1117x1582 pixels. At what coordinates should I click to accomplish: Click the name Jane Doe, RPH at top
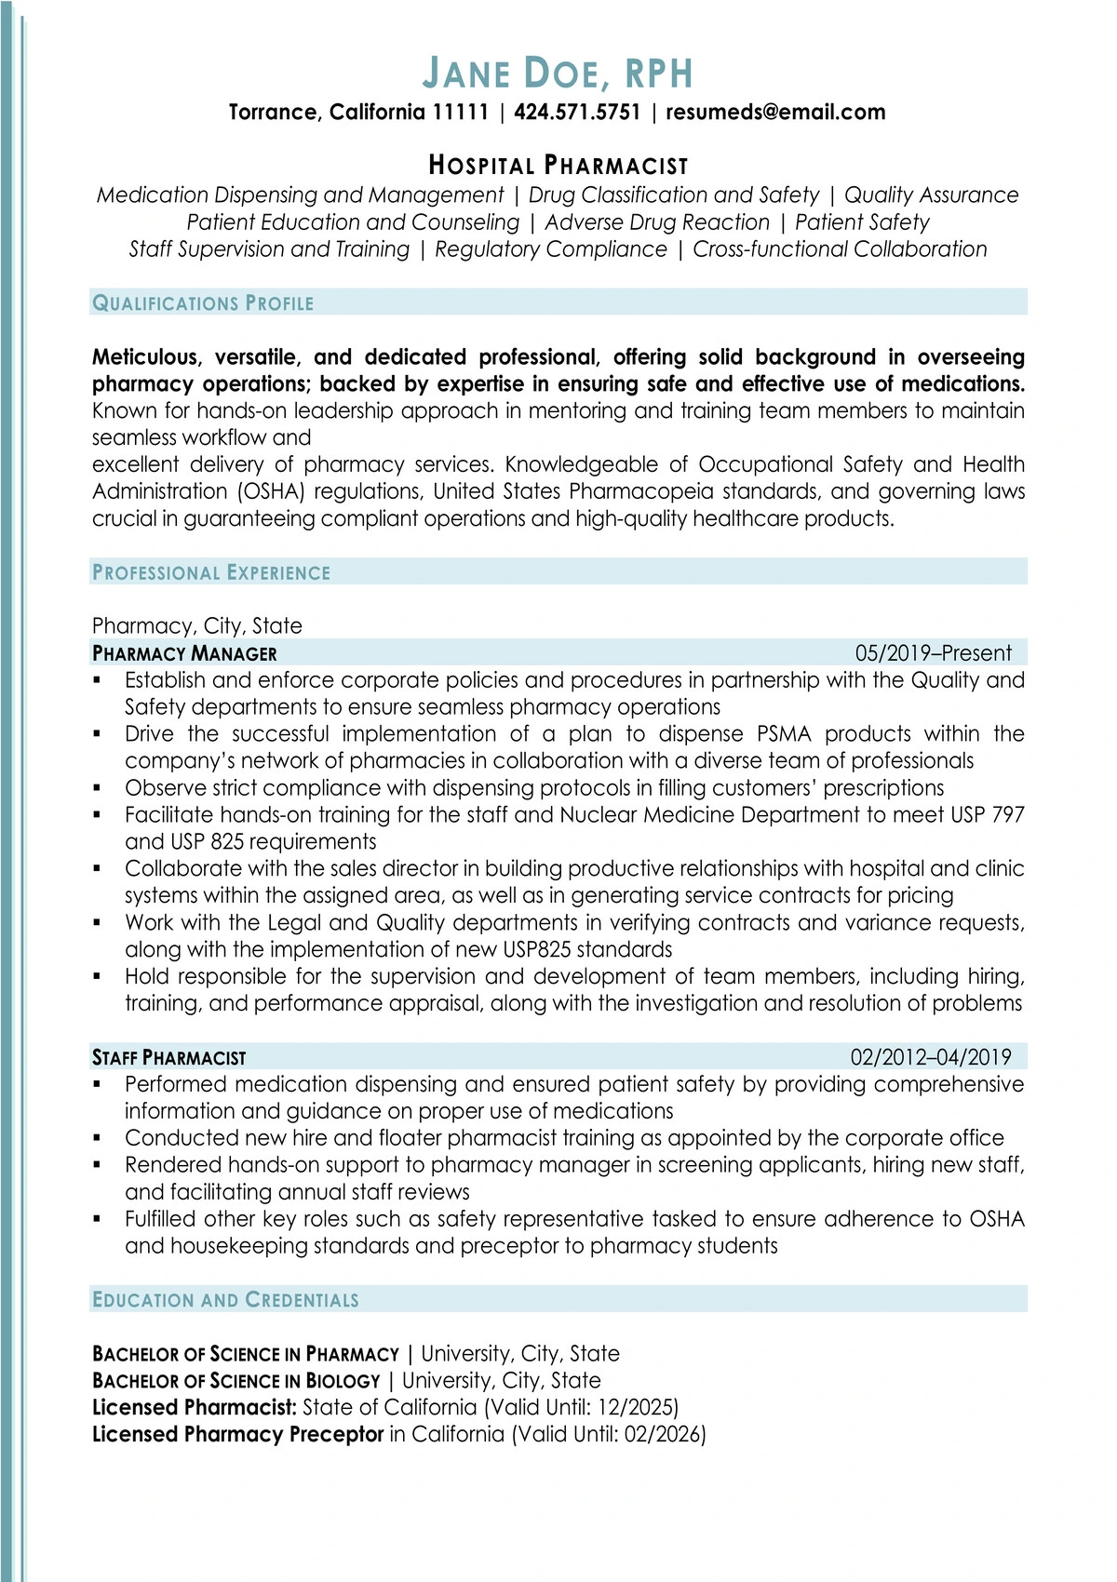click(558, 74)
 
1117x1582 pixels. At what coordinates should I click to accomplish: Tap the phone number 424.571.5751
click(577, 113)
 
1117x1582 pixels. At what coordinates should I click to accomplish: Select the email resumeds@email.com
click(775, 113)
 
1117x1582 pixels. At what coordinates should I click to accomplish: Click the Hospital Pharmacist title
click(558, 166)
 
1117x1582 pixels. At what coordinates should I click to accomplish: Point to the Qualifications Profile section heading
click(203, 303)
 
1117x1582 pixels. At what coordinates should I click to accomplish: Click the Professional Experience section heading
click(211, 573)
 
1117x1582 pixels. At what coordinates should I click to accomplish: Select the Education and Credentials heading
click(225, 1300)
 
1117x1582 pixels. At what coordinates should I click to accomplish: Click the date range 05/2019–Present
click(933, 653)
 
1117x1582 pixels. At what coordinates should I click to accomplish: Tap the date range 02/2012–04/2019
click(931, 1057)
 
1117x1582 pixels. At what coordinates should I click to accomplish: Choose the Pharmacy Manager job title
click(184, 653)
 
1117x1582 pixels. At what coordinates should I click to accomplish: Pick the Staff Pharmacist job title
click(169, 1058)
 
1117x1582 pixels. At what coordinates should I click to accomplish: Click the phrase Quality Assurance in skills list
click(931, 195)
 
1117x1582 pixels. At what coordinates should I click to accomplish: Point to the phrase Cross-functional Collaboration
click(840, 249)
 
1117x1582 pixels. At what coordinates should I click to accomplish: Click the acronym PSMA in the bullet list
click(784, 734)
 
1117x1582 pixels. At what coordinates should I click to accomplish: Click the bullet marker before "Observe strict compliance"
click(97, 788)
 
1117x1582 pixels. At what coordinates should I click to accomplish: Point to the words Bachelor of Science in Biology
click(236, 1381)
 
